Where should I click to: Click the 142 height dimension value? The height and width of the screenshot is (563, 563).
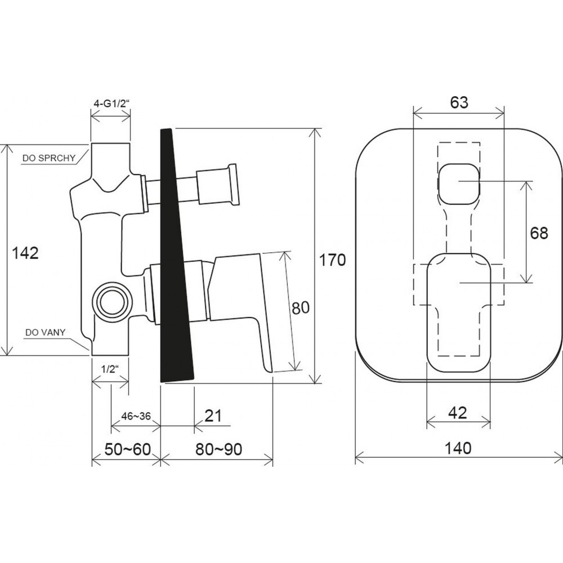click(x=25, y=253)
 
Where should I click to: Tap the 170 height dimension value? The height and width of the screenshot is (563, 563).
click(x=332, y=260)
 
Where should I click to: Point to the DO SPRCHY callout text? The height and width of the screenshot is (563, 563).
click(x=49, y=158)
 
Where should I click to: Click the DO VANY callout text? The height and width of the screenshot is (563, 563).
click(x=45, y=333)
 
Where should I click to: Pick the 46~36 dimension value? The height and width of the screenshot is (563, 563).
click(x=136, y=416)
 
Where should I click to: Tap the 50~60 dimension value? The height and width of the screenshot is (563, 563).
click(x=127, y=449)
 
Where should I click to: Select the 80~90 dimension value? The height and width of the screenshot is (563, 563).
click(x=218, y=449)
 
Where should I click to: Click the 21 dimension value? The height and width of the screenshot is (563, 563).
click(x=213, y=416)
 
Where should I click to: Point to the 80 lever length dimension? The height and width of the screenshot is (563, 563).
click(x=301, y=308)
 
